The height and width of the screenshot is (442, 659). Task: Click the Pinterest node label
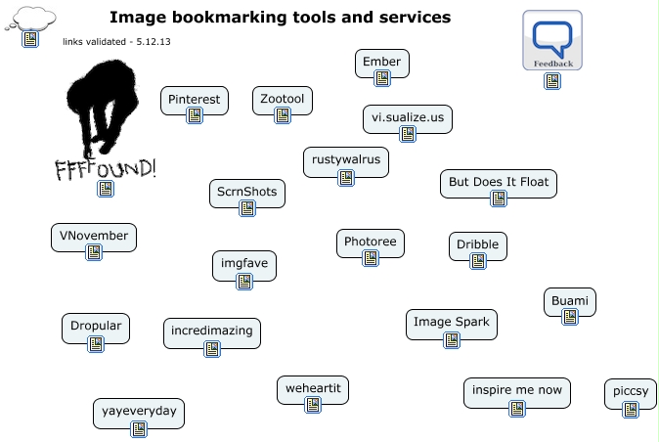[195, 99]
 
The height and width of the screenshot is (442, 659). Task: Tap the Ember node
[381, 63]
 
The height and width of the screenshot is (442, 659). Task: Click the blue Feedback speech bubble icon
[551, 39]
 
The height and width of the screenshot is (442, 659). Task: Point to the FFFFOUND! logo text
[106, 168]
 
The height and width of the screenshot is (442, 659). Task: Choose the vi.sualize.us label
[408, 118]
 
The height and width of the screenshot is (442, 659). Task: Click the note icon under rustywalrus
[345, 178]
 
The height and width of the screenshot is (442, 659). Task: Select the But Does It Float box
[499, 182]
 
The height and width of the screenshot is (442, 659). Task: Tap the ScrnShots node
[247, 192]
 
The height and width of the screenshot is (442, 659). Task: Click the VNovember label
[94, 236]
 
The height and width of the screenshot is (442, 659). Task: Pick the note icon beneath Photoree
[370, 258]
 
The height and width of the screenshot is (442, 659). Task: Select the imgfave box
[244, 263]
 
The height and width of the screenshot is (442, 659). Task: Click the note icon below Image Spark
[452, 340]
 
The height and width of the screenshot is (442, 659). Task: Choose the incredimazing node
[211, 331]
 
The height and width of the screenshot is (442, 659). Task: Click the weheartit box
[313, 388]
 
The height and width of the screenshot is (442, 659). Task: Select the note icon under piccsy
[631, 409]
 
